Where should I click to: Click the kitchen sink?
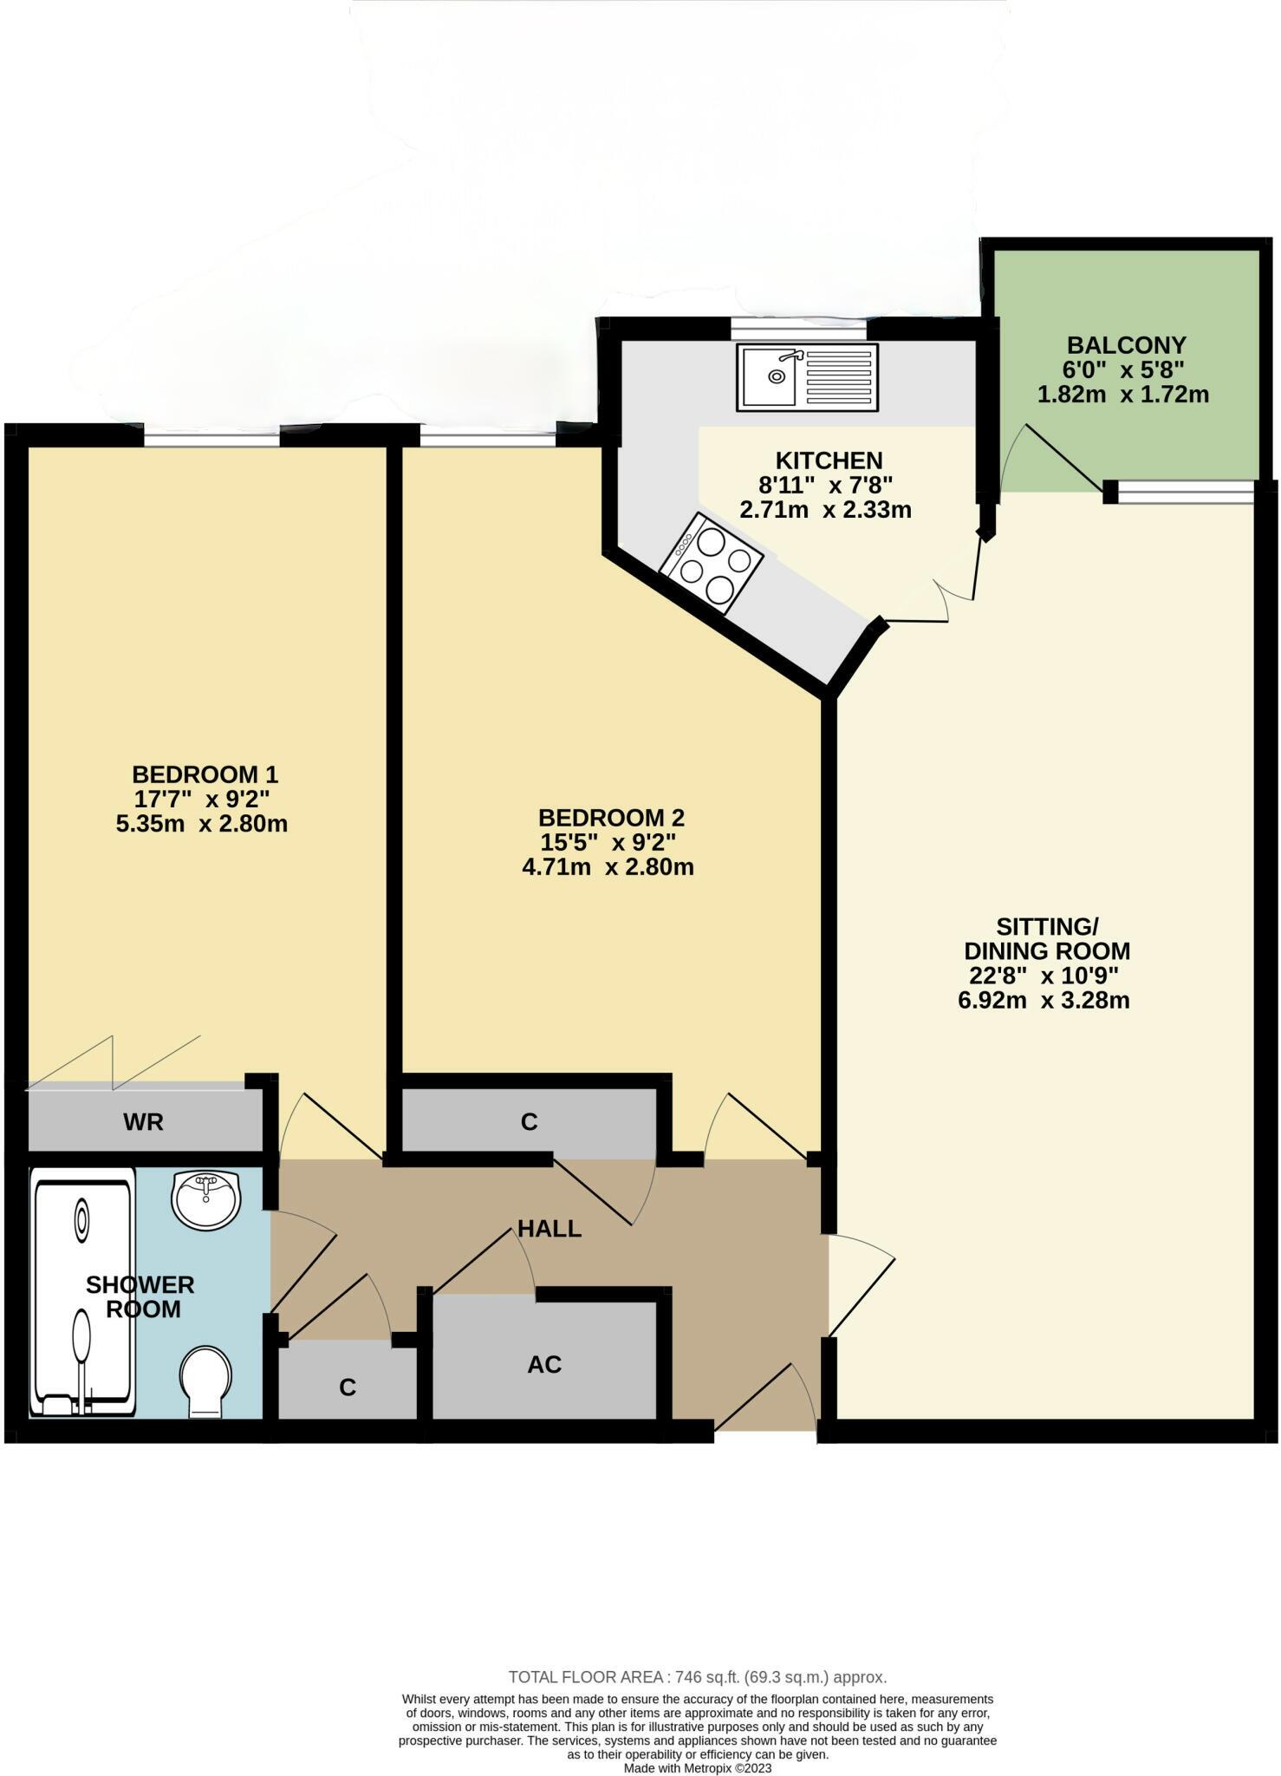807,377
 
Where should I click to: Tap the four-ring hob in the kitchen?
712,563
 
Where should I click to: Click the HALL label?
549,1228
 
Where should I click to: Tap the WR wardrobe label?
143,1122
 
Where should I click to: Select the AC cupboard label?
544,1364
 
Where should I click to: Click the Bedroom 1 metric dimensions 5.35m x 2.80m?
201,823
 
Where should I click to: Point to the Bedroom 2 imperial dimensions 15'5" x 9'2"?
608,842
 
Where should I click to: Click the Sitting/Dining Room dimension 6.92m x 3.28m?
1044,1001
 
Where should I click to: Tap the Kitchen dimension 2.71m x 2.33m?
825,510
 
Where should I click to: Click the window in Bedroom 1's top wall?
211,441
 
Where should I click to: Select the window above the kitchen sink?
797,330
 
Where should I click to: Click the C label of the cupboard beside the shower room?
348,1387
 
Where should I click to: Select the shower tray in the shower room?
81,1292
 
